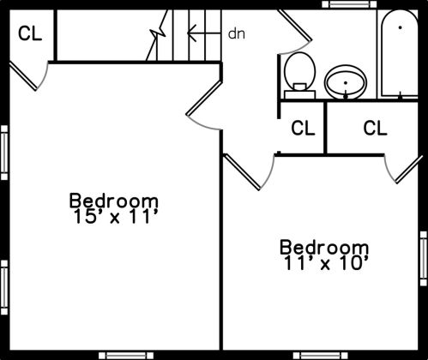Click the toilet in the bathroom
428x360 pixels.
299,75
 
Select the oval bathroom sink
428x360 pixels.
346,82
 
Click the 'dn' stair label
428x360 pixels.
237,33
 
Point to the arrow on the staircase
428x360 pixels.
204,33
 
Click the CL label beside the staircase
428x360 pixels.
30,33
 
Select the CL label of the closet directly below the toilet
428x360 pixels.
303,128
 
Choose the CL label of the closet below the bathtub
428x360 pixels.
375,128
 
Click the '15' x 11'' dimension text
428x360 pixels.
116,217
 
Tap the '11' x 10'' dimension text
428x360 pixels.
326,263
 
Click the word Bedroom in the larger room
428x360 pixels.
113,201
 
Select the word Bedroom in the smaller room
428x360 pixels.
324,247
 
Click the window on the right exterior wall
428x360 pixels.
424,258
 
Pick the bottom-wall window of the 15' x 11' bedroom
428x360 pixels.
126,356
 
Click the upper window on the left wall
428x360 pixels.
4,153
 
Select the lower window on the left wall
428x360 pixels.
4,287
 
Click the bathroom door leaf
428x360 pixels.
295,25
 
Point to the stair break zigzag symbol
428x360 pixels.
157,35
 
